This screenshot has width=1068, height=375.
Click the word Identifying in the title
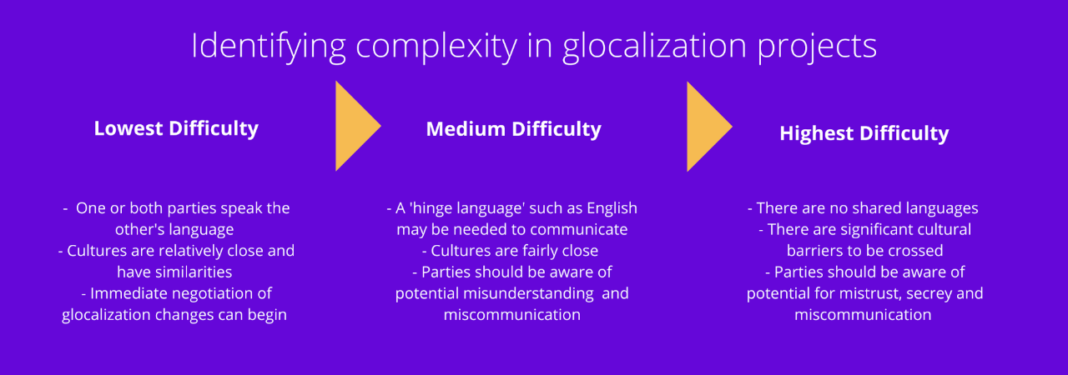coord(269,47)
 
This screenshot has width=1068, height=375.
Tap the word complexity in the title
coord(436,47)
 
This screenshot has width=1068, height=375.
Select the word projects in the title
coord(817,47)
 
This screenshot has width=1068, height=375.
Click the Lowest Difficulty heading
coord(176,128)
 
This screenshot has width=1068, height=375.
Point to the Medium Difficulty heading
coord(513,129)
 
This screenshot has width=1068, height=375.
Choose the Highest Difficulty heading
coord(864,133)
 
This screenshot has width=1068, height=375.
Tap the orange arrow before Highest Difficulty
coord(709,127)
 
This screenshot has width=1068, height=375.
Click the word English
coord(612,208)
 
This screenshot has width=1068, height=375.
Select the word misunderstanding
coord(528,293)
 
